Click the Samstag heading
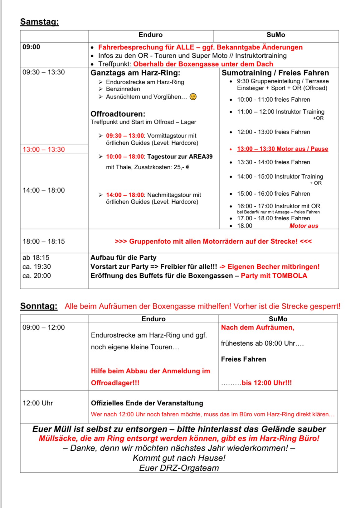pos(39,22)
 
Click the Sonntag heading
pos(39,306)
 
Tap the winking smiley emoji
pos(193,97)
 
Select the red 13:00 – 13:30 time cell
pos(44,150)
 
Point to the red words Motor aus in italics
pos(304,226)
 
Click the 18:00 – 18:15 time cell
pos(44,241)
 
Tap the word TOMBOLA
pos(289,276)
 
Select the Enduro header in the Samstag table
pos(150,35)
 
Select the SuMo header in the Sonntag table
pos(278,319)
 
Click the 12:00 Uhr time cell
pos(38,403)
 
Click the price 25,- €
pos(182,167)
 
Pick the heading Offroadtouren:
pos(118,114)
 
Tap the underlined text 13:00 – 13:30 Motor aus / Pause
pos(282,149)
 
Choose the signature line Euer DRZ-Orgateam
pos(179,468)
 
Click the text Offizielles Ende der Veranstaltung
pos(147,403)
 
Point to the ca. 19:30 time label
pos(36,267)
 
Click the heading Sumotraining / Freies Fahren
pos(275,73)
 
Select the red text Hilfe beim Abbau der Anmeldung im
pos(150,371)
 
